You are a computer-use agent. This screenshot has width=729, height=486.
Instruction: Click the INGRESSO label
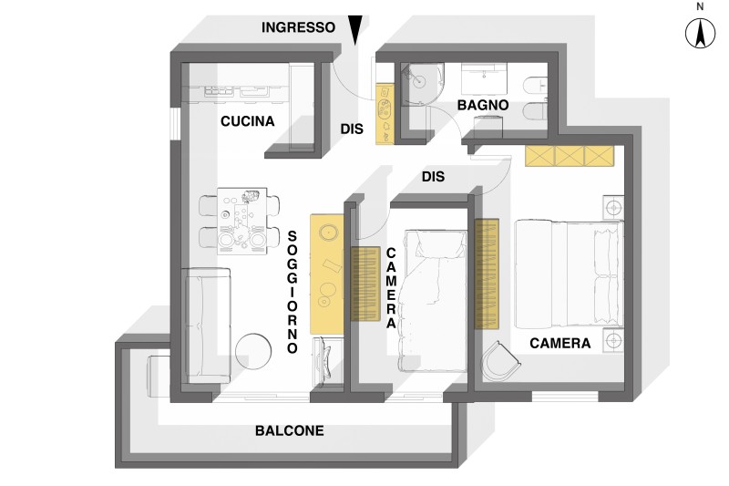[x=299, y=27]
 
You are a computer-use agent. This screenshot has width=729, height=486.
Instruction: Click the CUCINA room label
[x=247, y=121]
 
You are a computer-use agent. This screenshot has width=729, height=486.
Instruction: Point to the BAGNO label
[x=482, y=107]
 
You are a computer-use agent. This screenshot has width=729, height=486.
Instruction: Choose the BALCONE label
[x=289, y=430]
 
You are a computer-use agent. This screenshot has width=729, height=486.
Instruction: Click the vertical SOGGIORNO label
[x=293, y=292]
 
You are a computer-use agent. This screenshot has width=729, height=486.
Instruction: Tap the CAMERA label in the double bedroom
[x=560, y=344]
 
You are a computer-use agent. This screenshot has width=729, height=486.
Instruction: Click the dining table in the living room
[x=243, y=219]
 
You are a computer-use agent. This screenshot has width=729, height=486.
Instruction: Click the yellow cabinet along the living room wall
[x=326, y=272]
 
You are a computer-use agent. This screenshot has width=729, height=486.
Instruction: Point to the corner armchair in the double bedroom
[x=501, y=361]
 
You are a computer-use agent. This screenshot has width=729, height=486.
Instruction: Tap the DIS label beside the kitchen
[x=353, y=130]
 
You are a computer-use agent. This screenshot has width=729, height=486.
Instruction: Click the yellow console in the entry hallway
[x=385, y=113]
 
